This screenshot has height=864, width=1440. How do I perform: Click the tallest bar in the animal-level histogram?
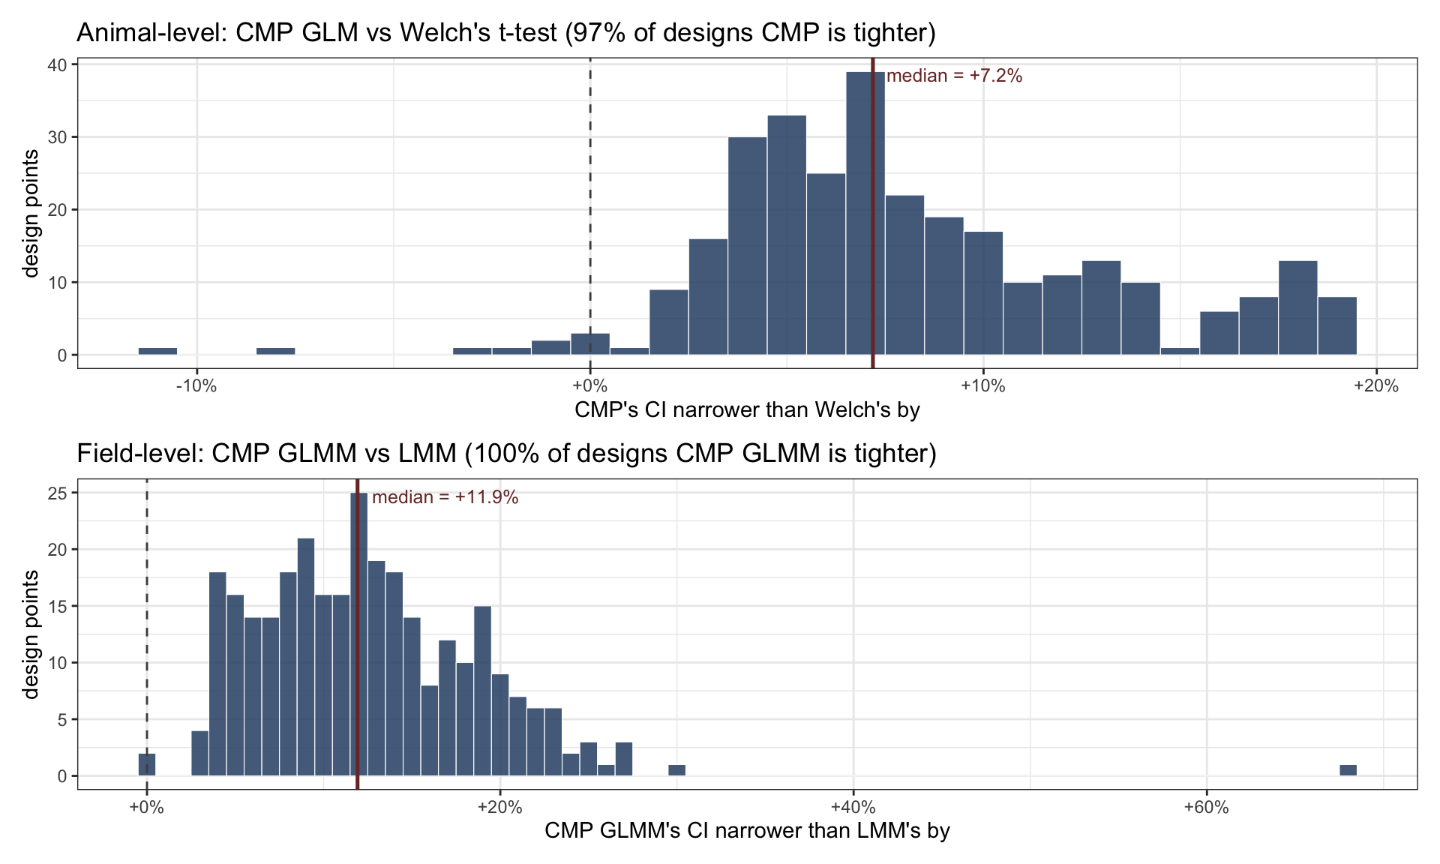[x=865, y=214]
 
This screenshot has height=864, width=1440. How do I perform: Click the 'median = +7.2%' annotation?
[x=954, y=76]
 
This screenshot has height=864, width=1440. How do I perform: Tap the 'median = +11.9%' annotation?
[x=445, y=497]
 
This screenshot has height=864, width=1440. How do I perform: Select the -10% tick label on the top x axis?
[x=196, y=386]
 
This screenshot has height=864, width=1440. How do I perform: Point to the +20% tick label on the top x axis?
[x=1376, y=386]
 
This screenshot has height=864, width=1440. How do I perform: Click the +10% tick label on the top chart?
[x=982, y=386]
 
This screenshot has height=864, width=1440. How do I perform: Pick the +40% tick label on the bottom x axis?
[x=853, y=808]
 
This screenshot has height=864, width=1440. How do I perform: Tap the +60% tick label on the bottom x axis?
[x=1206, y=808]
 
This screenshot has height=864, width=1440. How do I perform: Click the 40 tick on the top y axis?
[x=58, y=64]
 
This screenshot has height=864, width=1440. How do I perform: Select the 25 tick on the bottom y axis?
[x=58, y=493]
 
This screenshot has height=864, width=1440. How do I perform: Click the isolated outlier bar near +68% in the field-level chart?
[x=1348, y=770]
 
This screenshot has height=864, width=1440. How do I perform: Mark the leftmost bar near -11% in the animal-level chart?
[x=157, y=351]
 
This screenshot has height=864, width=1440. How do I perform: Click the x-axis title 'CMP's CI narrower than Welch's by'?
[x=747, y=409]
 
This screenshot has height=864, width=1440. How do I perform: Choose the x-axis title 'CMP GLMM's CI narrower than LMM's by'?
[x=747, y=830]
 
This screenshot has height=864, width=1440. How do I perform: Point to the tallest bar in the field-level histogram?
[x=359, y=634]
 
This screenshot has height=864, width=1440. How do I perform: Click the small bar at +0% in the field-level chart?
[x=147, y=765]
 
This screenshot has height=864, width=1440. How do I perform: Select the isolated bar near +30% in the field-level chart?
[x=677, y=770]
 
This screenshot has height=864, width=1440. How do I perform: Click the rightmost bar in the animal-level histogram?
[x=1337, y=325]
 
